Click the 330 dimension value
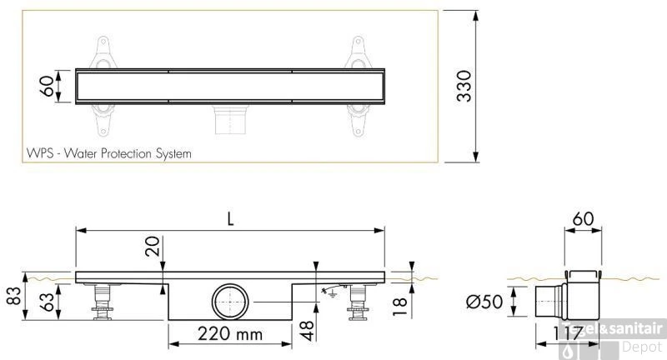click(465, 86)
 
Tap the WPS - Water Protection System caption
click(108, 153)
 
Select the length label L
click(231, 219)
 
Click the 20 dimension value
click(152, 247)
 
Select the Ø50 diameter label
click(485, 301)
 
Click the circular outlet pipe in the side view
click(230, 301)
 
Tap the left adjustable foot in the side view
click(104, 302)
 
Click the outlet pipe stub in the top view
click(230, 120)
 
